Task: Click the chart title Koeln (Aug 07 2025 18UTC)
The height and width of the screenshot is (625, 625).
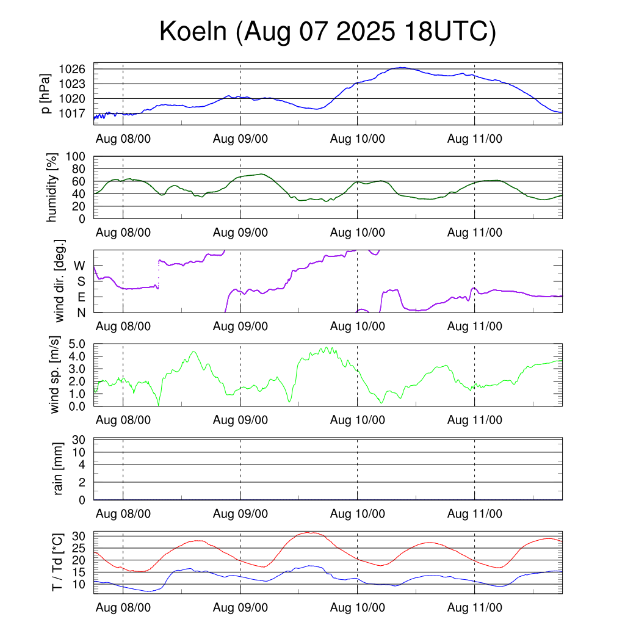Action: click(x=327, y=32)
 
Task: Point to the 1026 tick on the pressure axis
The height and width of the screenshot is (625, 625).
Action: click(x=76, y=68)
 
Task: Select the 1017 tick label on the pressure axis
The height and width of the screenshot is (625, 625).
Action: click(x=76, y=113)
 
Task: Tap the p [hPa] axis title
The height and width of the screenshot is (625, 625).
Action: click(x=45, y=95)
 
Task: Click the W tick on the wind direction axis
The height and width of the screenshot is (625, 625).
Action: click(x=80, y=266)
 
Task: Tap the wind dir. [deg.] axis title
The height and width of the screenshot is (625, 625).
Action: click(x=59, y=281)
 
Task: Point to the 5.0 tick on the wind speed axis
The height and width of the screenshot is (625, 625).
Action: click(x=78, y=344)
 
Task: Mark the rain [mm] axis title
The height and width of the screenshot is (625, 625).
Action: click(x=59, y=469)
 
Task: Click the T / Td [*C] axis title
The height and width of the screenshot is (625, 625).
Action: click(x=57, y=562)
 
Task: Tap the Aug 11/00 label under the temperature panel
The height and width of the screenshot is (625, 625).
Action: click(x=475, y=608)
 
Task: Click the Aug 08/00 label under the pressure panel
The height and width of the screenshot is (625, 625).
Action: click(x=123, y=139)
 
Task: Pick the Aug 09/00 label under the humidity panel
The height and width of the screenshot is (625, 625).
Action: click(x=240, y=232)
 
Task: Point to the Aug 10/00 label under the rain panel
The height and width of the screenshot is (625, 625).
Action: click(x=358, y=514)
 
